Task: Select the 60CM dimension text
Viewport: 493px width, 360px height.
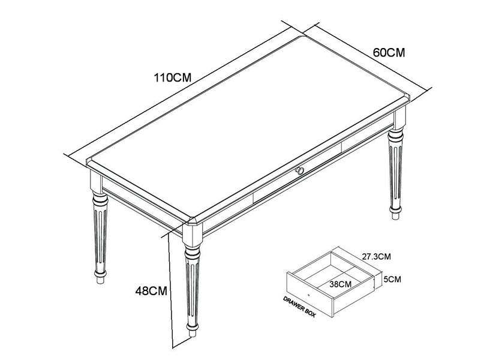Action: pyautogui.click(x=389, y=52)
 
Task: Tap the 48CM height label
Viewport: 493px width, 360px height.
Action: pyautogui.click(x=150, y=291)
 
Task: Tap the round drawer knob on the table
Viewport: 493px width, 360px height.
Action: pyautogui.click(x=300, y=172)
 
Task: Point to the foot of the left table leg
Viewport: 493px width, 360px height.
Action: pyautogui.click(x=100, y=278)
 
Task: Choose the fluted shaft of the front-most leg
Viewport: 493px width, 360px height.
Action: pyautogui.click(x=191, y=288)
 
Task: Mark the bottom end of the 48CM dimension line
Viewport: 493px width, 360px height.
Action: pyautogui.click(x=173, y=347)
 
